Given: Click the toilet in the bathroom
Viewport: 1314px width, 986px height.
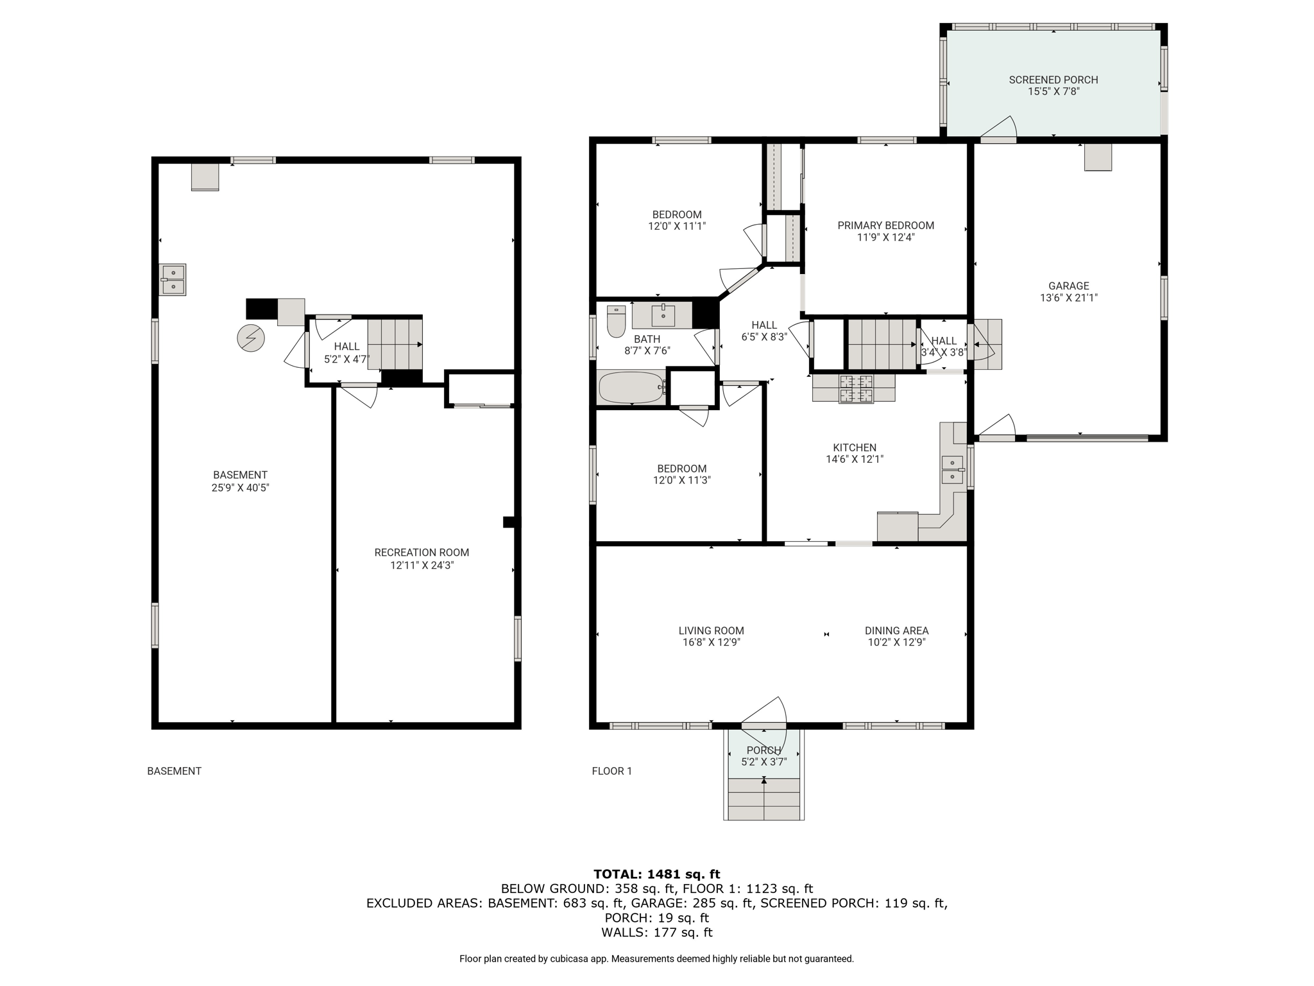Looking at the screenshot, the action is [x=616, y=321].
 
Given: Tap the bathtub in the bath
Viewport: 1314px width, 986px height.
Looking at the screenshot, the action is [x=631, y=387].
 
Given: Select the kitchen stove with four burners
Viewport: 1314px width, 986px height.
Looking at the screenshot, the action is [x=856, y=388].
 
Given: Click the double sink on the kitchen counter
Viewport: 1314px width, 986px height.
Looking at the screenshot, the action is [x=953, y=469].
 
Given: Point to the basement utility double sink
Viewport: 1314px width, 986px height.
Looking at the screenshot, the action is [x=173, y=279].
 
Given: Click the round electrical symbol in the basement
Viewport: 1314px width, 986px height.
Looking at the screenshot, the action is [x=251, y=338].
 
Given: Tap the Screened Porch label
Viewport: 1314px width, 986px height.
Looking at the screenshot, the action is [x=1054, y=80].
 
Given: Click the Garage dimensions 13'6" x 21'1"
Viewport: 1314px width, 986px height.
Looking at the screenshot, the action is [x=1069, y=298].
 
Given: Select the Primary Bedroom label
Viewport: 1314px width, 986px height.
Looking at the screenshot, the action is [x=886, y=225].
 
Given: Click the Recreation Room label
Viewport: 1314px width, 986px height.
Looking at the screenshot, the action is [x=422, y=552].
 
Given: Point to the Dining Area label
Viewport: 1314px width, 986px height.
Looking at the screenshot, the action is [x=896, y=630].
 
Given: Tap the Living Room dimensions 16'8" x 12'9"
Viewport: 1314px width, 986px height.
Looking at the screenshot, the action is [x=712, y=642].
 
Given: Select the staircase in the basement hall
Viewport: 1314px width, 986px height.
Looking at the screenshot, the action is [x=395, y=344].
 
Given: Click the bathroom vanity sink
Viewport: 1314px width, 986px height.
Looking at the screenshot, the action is [x=663, y=315].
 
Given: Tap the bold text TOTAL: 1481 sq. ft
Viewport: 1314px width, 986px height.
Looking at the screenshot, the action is [x=657, y=874].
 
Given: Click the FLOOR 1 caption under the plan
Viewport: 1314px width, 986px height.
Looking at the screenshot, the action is [x=612, y=771].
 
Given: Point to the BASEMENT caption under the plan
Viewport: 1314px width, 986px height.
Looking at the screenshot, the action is [x=175, y=771].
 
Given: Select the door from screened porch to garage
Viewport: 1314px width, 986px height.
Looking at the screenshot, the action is [x=998, y=128].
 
